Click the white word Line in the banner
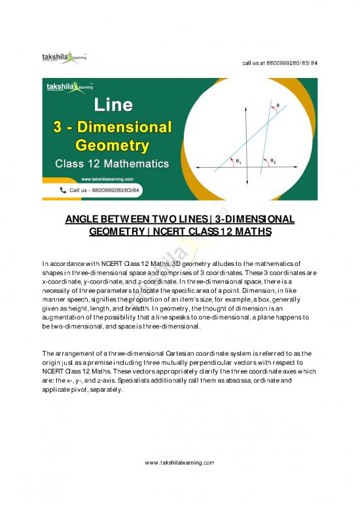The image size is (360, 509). [x=115, y=105]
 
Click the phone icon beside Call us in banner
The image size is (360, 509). [x=63, y=189]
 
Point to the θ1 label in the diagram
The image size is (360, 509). [x=239, y=161]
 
